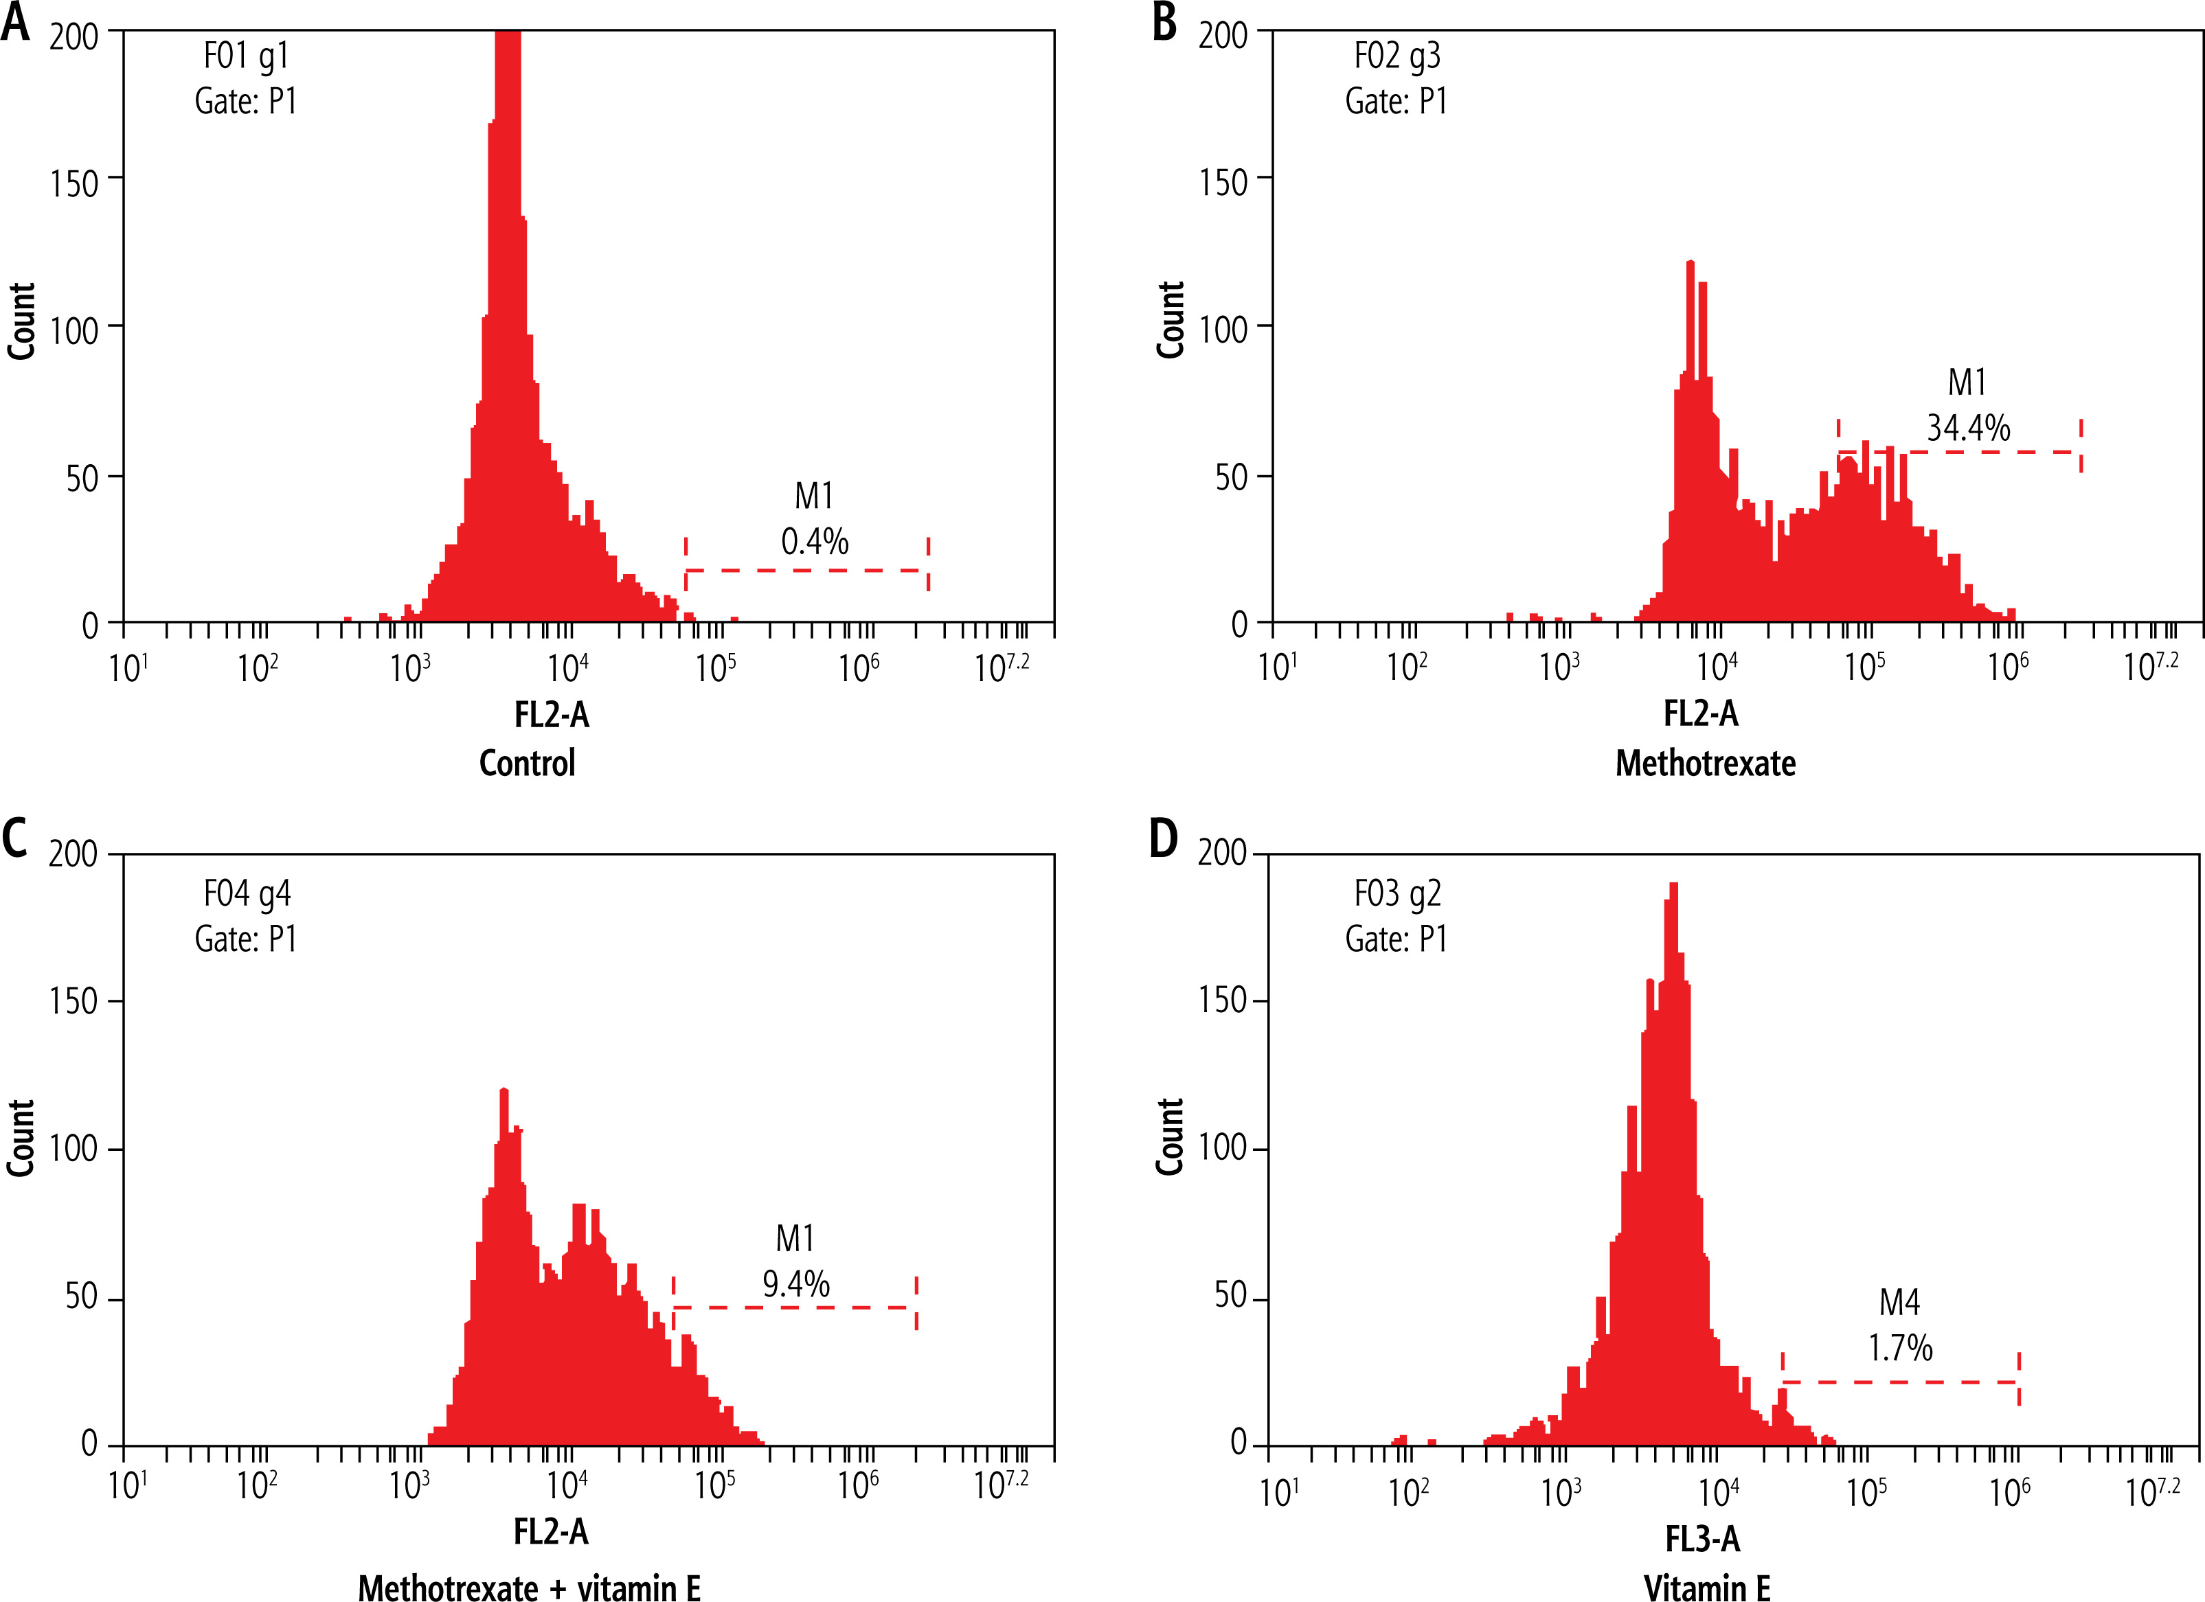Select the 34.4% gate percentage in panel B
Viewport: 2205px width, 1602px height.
[x=1968, y=428]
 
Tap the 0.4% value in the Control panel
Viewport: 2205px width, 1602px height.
[x=815, y=542]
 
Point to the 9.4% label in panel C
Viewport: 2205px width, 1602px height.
[x=795, y=1284]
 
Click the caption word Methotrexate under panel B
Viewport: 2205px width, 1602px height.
[x=1706, y=763]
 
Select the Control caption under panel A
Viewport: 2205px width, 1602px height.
[x=527, y=763]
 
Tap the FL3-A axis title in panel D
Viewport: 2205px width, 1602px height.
[x=1702, y=1539]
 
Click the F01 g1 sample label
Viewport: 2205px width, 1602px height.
[x=246, y=56]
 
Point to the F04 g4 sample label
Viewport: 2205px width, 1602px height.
[x=247, y=893]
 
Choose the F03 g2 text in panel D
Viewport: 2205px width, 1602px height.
[x=1397, y=893]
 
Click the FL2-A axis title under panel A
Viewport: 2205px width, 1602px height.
[x=551, y=715]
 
